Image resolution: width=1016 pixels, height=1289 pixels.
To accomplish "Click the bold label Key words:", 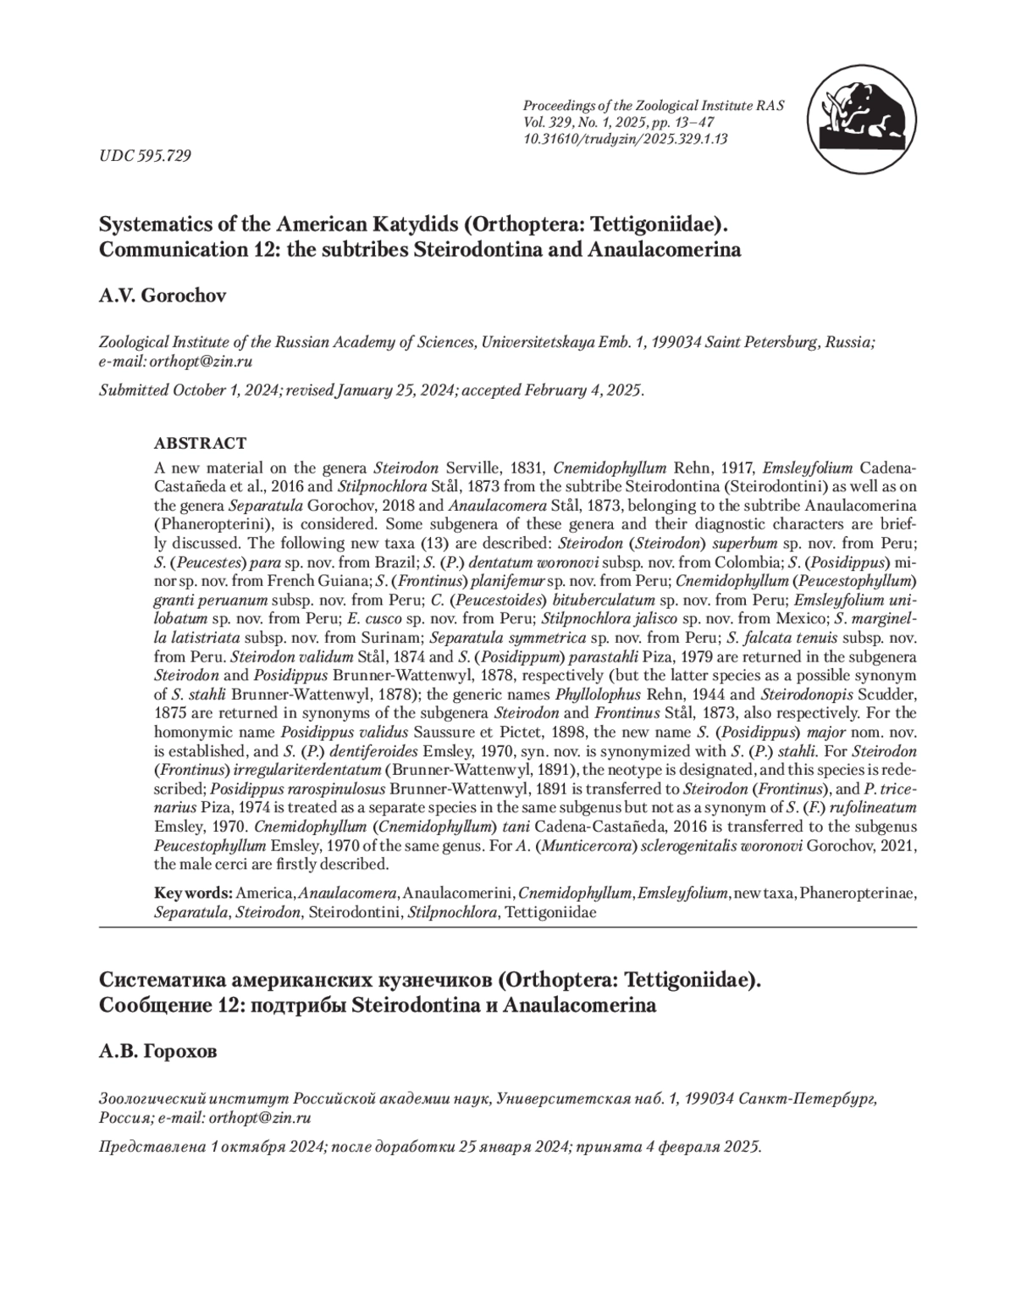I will point(193,893).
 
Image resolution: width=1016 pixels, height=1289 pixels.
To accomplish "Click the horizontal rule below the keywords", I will point(508,927).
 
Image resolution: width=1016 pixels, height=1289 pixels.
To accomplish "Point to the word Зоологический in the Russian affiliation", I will point(150,1098).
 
